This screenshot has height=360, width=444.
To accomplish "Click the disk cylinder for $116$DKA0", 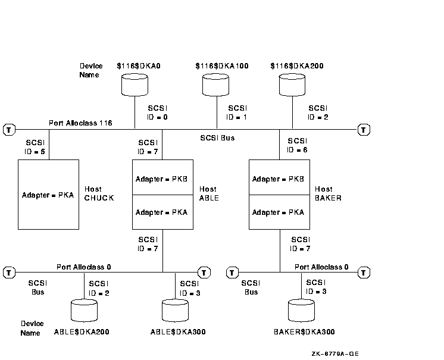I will (x=135, y=86).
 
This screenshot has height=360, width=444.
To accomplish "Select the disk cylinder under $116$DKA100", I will (x=215, y=86).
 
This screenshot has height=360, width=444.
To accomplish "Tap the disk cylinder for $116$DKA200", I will (x=293, y=86).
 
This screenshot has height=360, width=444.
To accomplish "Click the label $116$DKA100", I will (x=221, y=65).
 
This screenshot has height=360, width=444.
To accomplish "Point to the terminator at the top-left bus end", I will (x=8, y=129).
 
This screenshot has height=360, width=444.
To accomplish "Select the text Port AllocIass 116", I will (x=81, y=123).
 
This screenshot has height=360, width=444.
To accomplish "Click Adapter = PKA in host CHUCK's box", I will (x=48, y=195).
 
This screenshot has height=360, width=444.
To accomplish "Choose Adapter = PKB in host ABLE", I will (x=162, y=179).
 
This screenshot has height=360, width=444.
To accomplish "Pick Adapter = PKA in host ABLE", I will (x=162, y=212).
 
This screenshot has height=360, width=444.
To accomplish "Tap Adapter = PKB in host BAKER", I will (x=279, y=179).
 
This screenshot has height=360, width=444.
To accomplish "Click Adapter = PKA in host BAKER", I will (x=279, y=212).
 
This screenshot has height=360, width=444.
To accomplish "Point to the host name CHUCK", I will (x=99, y=198).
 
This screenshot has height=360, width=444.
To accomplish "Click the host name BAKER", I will (x=328, y=198).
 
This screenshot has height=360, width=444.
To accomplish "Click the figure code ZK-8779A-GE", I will (x=335, y=353).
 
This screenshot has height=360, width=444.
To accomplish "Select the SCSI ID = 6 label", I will (x=298, y=145).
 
